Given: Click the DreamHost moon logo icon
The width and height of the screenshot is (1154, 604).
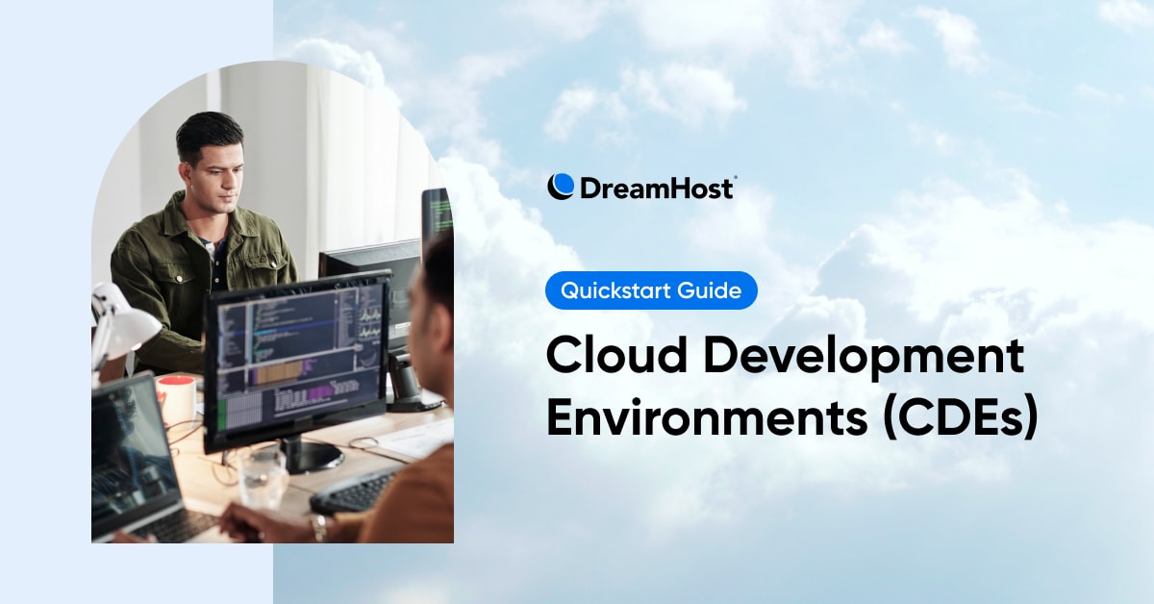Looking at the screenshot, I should pos(561,187).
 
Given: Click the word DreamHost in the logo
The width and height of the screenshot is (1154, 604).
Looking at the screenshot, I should pos(656,188).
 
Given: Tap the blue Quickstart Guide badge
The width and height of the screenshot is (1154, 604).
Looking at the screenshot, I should pos(651,290).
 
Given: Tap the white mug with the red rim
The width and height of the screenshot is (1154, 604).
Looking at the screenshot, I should pos(176,398).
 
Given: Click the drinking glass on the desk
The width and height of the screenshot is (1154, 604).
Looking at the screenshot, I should pos(262,477).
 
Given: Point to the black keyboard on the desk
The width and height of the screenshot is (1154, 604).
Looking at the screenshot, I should pos(351,492).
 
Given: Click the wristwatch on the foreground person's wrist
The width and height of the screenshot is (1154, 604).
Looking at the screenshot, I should pos(318,527).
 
